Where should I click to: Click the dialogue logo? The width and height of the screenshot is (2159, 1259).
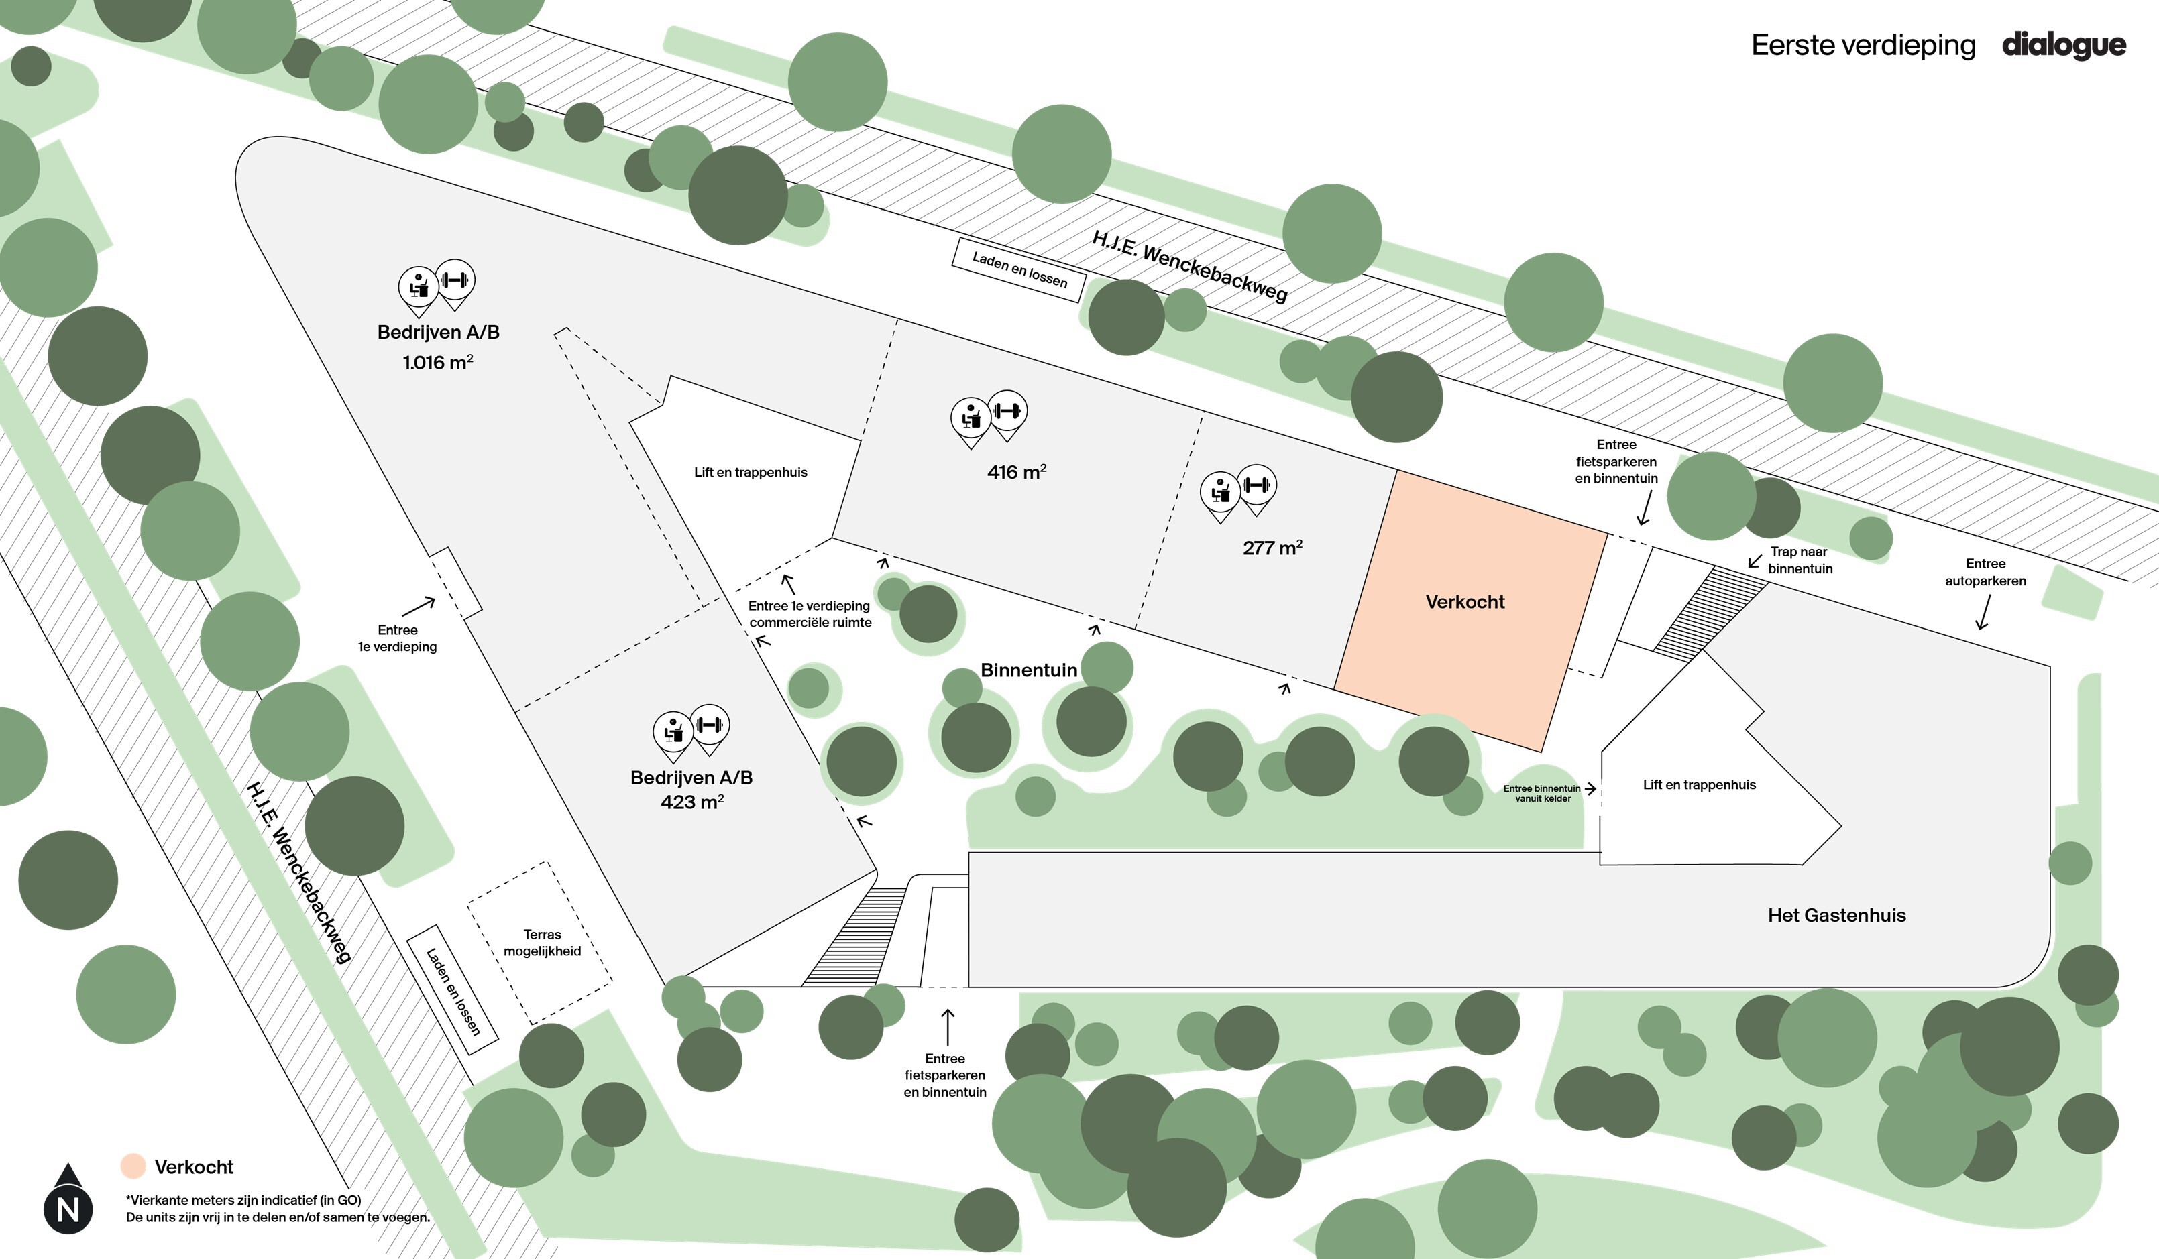pyautogui.click(x=2063, y=44)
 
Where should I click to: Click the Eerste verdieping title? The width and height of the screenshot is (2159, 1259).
pyautogui.click(x=1863, y=44)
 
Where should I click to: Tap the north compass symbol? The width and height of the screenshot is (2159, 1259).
pyautogui.click(x=68, y=1199)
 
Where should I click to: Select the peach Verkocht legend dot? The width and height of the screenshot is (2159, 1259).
pyautogui.click(x=133, y=1166)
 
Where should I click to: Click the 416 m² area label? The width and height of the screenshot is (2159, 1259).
pyautogui.click(x=1016, y=472)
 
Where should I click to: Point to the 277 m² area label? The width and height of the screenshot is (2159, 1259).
pyautogui.click(x=1272, y=547)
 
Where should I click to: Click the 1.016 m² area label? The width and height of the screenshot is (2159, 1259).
pyautogui.click(x=438, y=362)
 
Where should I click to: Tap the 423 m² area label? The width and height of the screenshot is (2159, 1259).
pyautogui.click(x=691, y=802)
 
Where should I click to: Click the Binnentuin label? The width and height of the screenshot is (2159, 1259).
pyautogui.click(x=1028, y=670)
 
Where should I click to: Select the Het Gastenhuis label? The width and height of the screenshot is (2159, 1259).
pyautogui.click(x=1836, y=914)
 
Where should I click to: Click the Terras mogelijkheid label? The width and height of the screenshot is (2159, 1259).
pyautogui.click(x=541, y=942)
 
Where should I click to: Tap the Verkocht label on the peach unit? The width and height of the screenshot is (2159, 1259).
pyautogui.click(x=1464, y=602)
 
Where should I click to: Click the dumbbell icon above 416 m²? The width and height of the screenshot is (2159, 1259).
pyautogui.click(x=1007, y=412)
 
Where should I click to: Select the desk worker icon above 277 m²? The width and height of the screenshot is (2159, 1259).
pyautogui.click(x=1220, y=491)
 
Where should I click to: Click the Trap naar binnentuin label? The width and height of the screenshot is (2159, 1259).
pyautogui.click(x=1799, y=560)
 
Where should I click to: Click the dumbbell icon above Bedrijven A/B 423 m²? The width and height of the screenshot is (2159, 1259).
pyautogui.click(x=710, y=725)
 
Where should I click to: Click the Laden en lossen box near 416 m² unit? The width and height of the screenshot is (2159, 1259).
pyautogui.click(x=1019, y=269)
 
